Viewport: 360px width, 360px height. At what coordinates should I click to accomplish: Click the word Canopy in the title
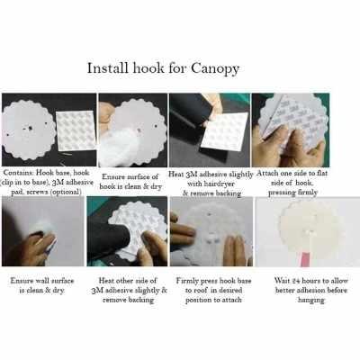click(x=215, y=69)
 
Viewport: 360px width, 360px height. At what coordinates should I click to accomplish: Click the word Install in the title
click(x=108, y=68)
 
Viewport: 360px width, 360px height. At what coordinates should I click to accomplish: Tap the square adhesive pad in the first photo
click(x=76, y=130)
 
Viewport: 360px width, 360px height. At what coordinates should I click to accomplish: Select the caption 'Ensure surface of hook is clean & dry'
click(x=130, y=182)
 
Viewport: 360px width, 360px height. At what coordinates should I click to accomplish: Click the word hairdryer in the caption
click(x=211, y=184)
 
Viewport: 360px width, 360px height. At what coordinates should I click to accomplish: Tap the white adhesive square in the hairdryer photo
click(x=224, y=131)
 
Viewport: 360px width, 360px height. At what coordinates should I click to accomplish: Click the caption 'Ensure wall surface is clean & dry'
click(x=42, y=285)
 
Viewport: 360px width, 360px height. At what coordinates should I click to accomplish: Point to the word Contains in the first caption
click(x=19, y=173)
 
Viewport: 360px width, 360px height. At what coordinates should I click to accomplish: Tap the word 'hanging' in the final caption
click(x=311, y=301)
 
